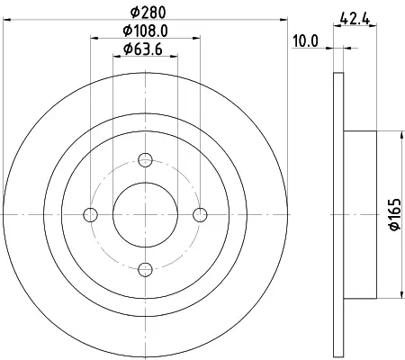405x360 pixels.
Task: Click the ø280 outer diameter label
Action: tap(148, 13)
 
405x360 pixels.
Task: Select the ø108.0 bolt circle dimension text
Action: tap(145, 31)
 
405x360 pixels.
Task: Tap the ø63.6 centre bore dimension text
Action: tap(143, 49)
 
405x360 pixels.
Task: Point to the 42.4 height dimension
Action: tap(355, 19)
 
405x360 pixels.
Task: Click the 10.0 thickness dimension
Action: tap(305, 40)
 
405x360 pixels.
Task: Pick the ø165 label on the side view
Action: tap(395, 214)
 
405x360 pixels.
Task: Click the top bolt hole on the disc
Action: tap(145, 160)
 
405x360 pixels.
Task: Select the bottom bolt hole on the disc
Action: tap(145, 269)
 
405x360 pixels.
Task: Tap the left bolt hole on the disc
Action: tap(90, 215)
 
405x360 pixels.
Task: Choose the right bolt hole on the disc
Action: tap(200, 215)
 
